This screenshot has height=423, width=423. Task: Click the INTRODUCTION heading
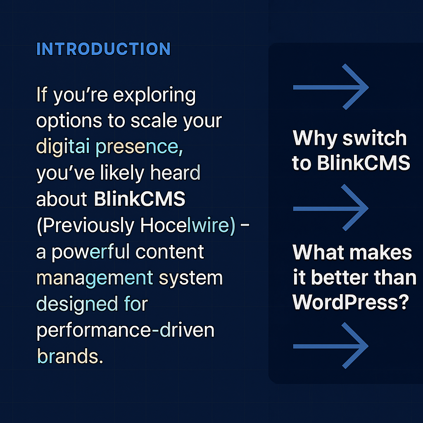[103, 49]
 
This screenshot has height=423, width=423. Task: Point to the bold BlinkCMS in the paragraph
[140, 199]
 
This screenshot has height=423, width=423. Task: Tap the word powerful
[100, 252]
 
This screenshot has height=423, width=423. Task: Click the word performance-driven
[126, 330]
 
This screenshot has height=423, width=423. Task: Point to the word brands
[69, 356]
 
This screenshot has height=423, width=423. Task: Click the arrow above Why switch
[330, 87]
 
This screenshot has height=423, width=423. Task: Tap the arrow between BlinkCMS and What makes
[330, 208]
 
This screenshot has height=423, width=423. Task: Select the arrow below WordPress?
[330, 346]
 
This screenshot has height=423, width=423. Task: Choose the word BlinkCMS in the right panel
[364, 164]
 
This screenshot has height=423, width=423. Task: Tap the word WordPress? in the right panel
[351, 303]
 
